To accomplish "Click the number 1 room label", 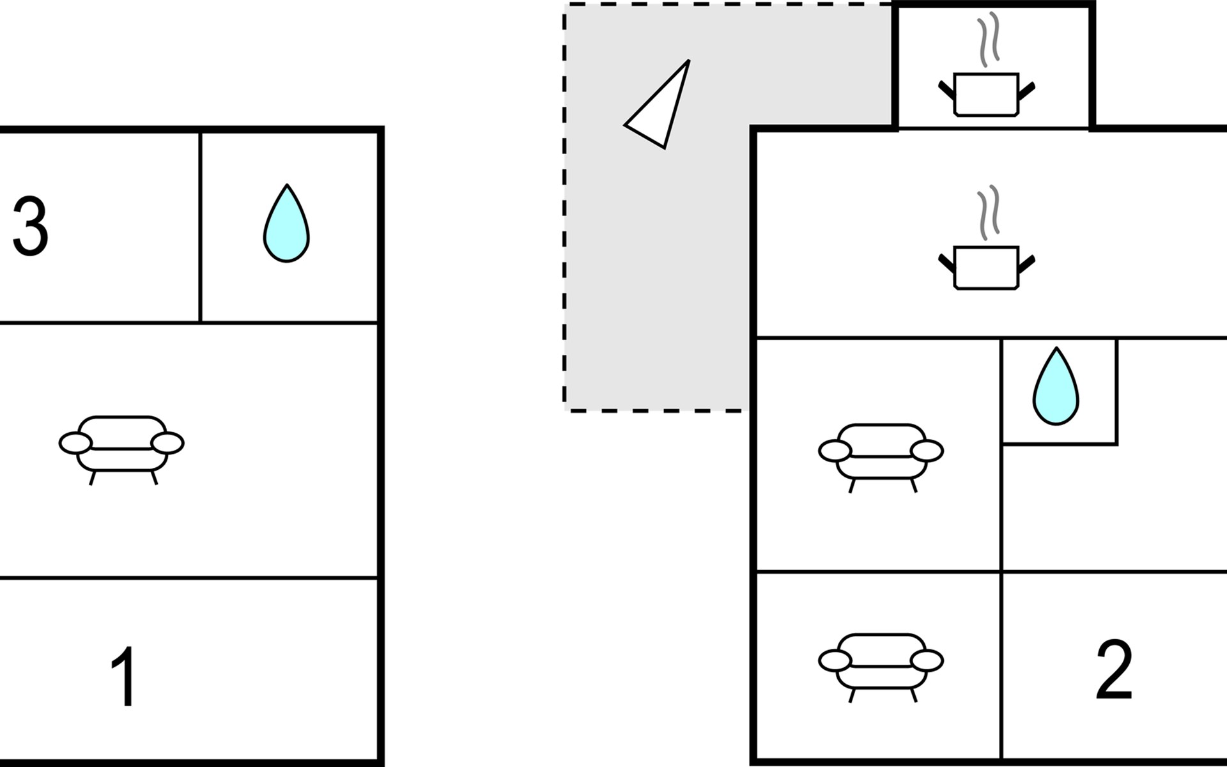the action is point(123,676).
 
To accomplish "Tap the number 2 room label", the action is point(1114,669).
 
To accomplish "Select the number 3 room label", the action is point(31,226).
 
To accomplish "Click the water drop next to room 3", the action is point(286,223).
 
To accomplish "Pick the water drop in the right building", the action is point(1056,386).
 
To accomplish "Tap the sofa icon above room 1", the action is point(121,450).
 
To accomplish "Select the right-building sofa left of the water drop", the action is point(881,458).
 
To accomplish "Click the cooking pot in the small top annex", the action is point(986,95).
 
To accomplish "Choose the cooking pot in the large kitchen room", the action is point(986,268).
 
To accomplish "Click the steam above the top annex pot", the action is point(988,39).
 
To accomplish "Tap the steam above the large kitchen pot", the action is point(988,213).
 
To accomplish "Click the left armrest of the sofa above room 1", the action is point(75,443).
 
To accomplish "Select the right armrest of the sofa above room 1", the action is point(167,443).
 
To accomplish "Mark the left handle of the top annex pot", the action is point(946,90).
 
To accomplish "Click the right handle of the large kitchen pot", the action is point(1026,263).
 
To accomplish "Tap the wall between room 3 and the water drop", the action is point(201,227).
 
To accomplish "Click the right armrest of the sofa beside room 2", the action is point(927,660).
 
